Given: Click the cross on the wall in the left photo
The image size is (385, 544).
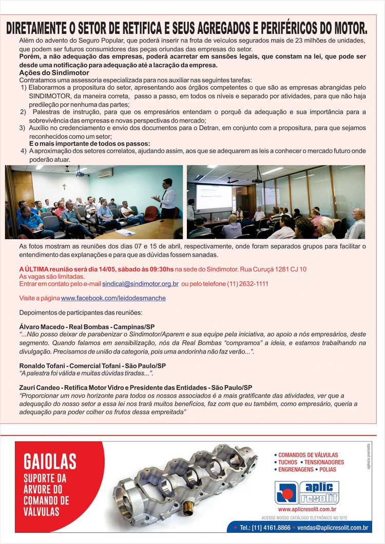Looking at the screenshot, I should coord(64,187).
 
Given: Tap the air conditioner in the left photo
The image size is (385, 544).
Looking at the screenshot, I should coord(105,174).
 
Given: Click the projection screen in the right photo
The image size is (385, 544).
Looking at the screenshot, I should coord(214,197).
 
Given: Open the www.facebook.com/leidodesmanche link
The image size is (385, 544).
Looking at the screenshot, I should coord(113,298).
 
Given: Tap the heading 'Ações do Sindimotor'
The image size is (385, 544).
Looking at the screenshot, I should coord(47,73).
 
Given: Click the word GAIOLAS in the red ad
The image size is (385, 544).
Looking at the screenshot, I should coord(50,461).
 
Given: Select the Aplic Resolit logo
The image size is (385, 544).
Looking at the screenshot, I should coord(307,493).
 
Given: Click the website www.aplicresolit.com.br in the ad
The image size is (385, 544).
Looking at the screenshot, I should coord(307,509).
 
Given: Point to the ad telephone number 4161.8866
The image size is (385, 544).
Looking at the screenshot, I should coord(276,527).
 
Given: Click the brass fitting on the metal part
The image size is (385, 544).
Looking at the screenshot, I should coord(188,511).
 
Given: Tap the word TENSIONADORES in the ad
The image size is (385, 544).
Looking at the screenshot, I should coord(324,462).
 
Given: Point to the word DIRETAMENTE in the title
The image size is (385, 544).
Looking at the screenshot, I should coord(39,28).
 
